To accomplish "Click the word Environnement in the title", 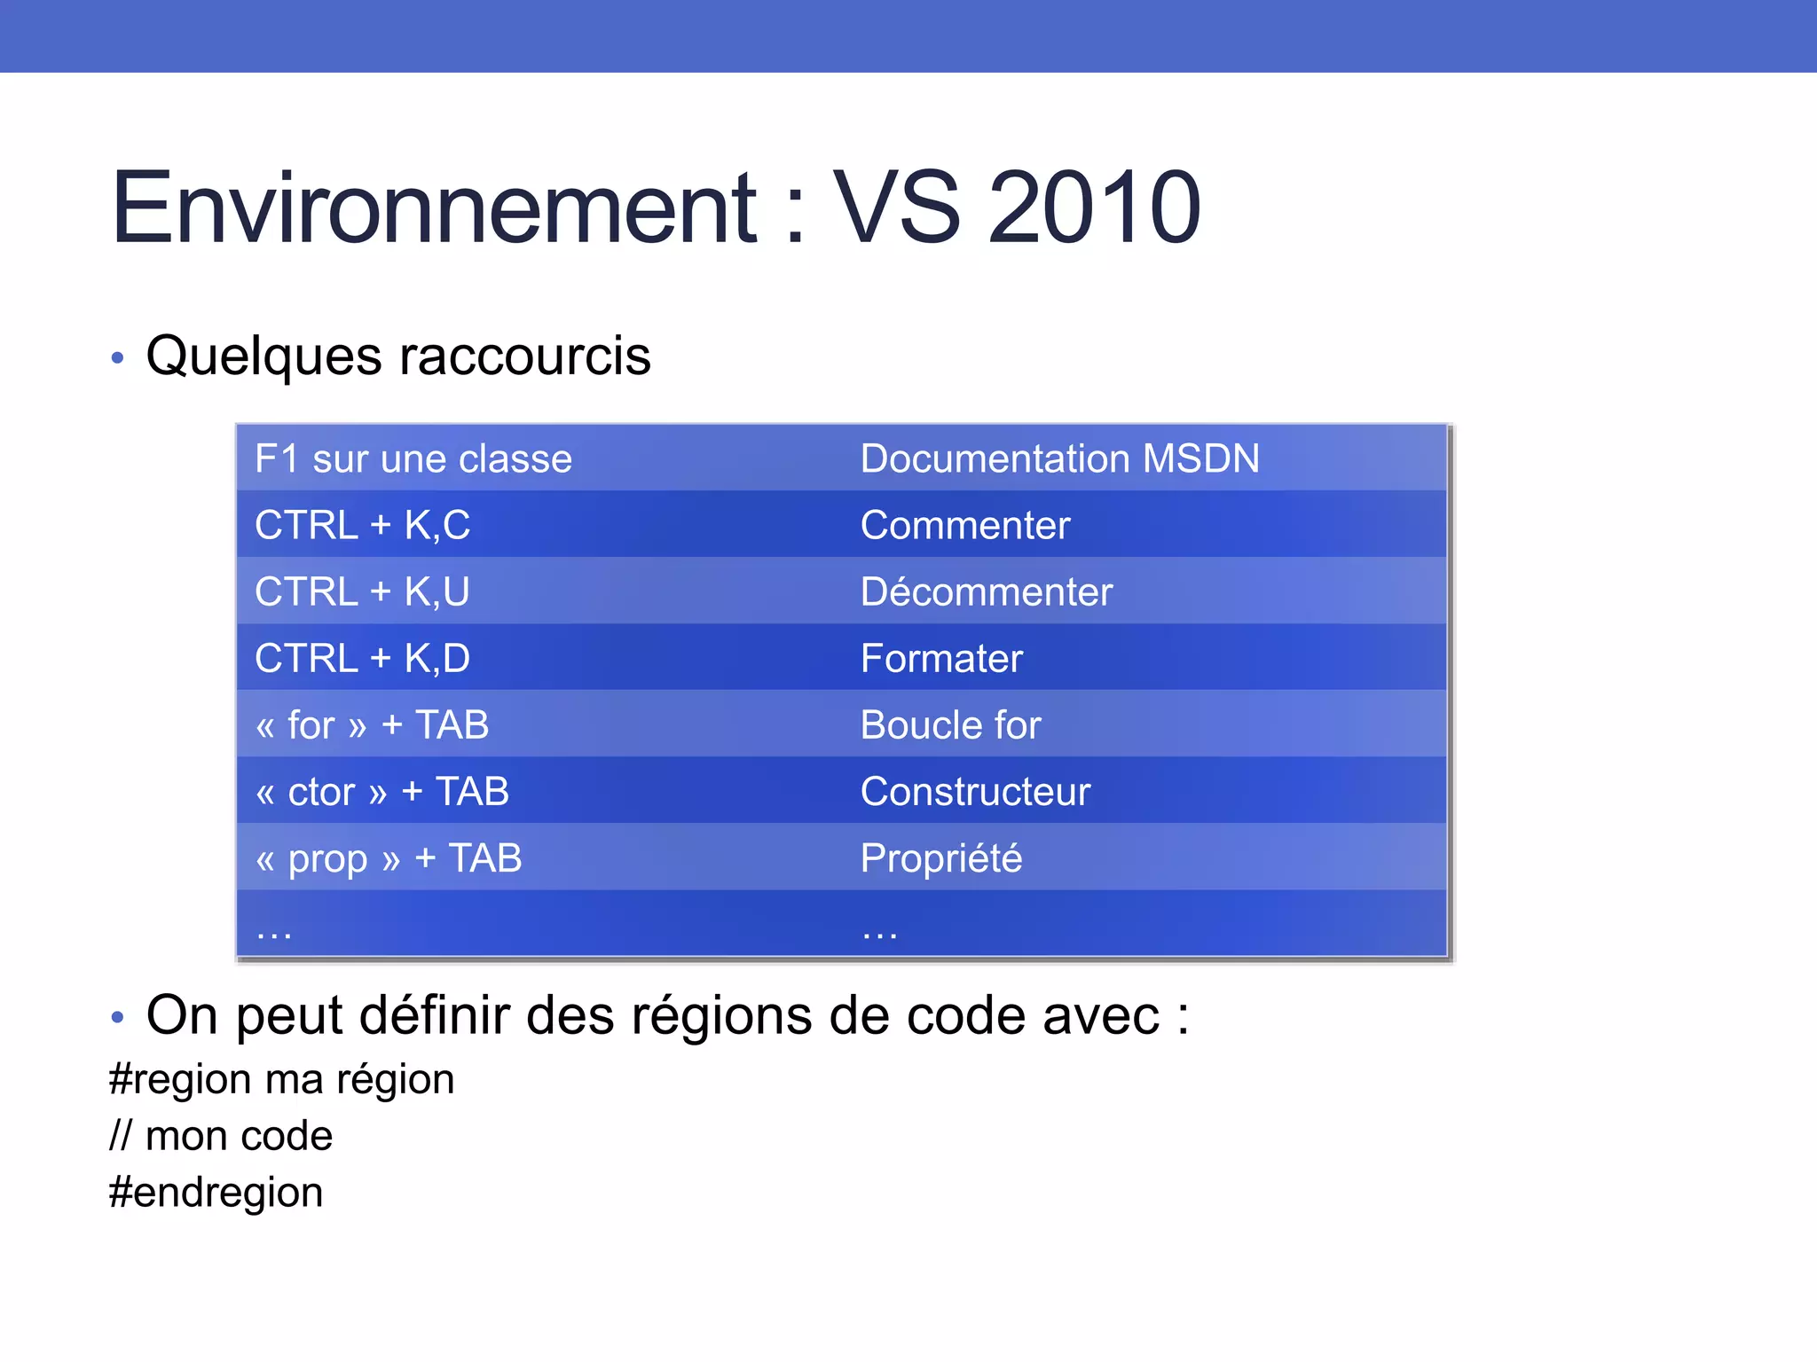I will (x=434, y=207).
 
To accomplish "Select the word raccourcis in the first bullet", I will (x=524, y=356).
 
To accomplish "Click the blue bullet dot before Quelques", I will (x=118, y=359).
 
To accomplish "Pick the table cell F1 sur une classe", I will (x=413, y=459).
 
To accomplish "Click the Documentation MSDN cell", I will (x=1059, y=459).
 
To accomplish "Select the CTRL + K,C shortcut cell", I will (x=362, y=526).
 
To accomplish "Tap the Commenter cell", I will (x=965, y=526).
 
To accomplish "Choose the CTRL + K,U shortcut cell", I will (x=362, y=592).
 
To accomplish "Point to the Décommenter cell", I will (x=986, y=592).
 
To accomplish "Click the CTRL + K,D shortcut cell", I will (x=362, y=659).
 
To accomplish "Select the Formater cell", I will (x=941, y=659).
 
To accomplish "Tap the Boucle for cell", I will (x=950, y=725).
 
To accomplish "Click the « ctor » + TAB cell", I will (x=381, y=792).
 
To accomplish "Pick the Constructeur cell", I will (x=975, y=792).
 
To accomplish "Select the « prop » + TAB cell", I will (x=389, y=858).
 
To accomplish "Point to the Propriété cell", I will (x=941, y=858).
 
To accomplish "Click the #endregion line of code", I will (x=216, y=1193).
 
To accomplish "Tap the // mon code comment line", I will (x=221, y=1136).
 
